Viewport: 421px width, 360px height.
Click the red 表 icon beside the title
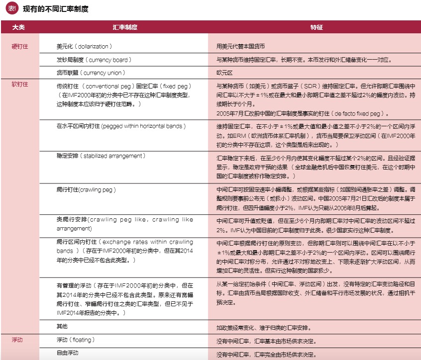12,9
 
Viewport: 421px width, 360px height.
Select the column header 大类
19,27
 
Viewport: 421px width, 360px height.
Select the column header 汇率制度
125,27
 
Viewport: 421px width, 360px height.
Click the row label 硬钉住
19,46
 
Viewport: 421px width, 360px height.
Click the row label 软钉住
19,84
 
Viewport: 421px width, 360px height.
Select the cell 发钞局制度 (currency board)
94,60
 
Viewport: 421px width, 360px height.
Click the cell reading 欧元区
225,73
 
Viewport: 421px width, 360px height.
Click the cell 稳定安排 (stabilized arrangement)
101,156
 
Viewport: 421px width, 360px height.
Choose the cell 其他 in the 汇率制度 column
62,327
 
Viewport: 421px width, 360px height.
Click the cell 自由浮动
68,354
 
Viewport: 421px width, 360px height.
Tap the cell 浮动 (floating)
76,341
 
